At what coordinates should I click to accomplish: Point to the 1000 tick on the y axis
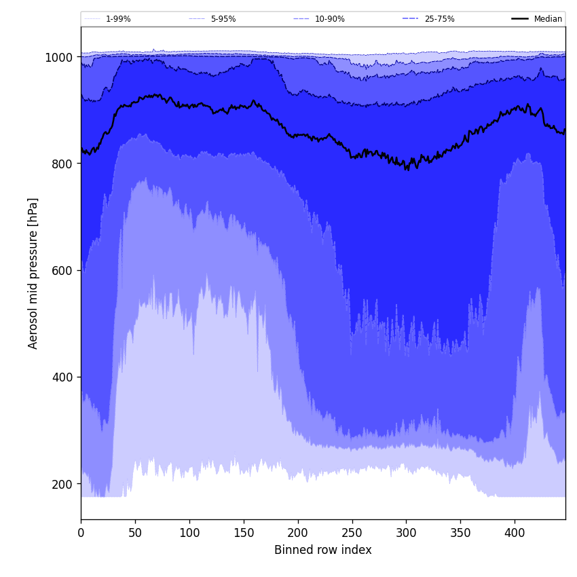click(59, 58)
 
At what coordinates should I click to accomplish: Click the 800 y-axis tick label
click(62, 164)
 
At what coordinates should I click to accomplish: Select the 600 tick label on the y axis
click(62, 270)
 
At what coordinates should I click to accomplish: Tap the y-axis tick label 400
click(62, 377)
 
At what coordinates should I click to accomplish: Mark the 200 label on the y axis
click(62, 484)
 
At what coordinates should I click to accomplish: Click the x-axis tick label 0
click(81, 533)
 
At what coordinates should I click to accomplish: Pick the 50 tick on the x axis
click(135, 533)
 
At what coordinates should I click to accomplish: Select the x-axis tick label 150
click(244, 533)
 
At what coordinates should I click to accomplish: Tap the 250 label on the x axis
click(352, 533)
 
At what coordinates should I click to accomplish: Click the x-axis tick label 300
click(406, 533)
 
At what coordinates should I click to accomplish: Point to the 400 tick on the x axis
click(515, 533)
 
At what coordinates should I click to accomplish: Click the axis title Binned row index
click(323, 550)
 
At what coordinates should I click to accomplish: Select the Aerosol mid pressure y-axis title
click(33, 273)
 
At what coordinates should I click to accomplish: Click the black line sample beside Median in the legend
click(521, 19)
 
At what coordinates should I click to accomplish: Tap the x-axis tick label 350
click(460, 533)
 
